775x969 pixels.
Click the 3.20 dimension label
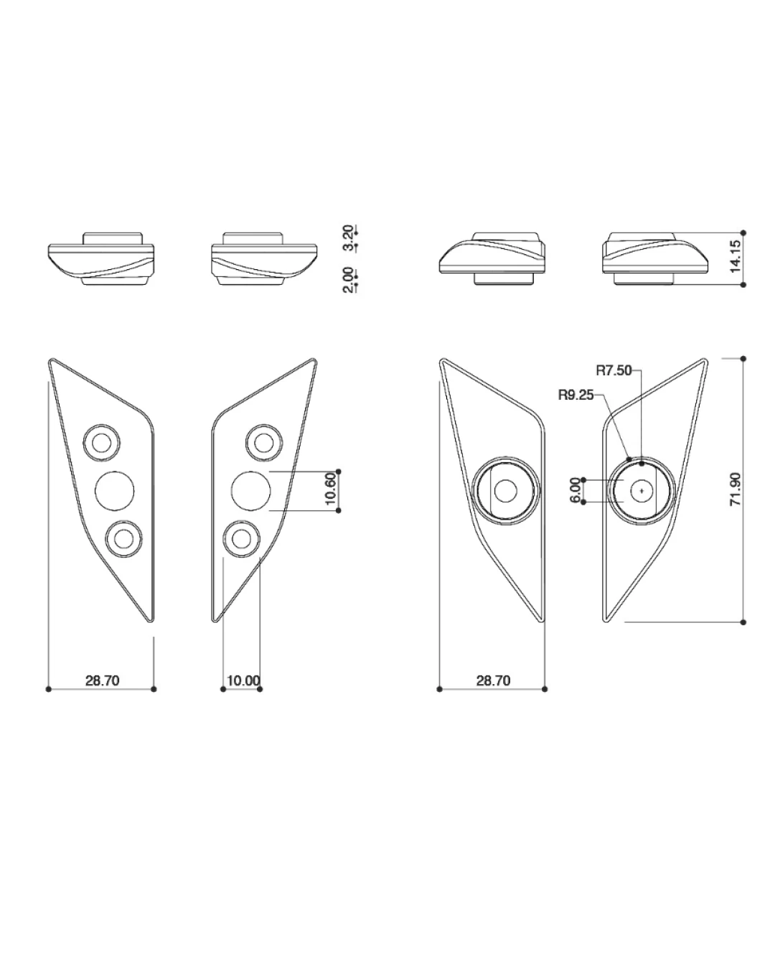click(x=348, y=238)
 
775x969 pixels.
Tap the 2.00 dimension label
click(x=348, y=280)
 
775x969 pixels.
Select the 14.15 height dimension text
click(x=735, y=256)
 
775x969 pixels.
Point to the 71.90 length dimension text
click(x=735, y=489)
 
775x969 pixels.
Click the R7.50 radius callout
click(x=614, y=370)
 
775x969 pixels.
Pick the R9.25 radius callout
click(x=576, y=395)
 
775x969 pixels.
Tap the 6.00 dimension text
click(x=575, y=491)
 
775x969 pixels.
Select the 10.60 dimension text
click(x=330, y=489)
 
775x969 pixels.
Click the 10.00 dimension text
click(x=243, y=680)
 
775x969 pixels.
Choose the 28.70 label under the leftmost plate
click(x=103, y=680)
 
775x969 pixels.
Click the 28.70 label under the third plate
click(x=494, y=680)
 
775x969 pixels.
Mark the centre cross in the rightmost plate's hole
click(x=642, y=491)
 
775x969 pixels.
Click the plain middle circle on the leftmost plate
click(x=114, y=491)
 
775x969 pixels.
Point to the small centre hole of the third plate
click(x=505, y=491)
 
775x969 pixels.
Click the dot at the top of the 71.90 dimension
click(x=743, y=359)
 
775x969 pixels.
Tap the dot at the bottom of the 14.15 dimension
click(x=743, y=284)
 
